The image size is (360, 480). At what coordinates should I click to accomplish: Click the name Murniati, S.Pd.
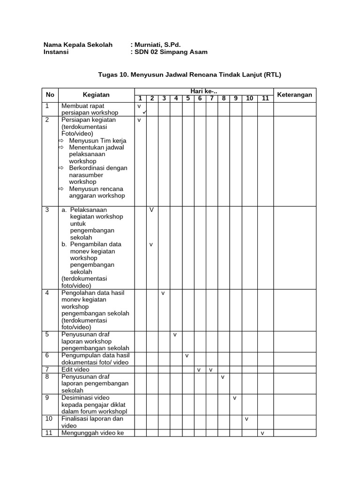[x=157, y=45]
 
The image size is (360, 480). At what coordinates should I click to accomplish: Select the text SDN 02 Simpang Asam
[x=171, y=52]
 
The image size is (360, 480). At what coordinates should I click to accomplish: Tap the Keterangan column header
[x=294, y=95]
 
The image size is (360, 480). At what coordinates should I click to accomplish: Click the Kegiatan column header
[x=96, y=95]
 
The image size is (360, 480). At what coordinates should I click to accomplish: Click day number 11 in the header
[x=265, y=98]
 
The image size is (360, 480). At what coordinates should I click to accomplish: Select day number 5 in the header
[x=187, y=98]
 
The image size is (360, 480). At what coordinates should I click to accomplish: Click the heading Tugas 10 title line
[x=189, y=75]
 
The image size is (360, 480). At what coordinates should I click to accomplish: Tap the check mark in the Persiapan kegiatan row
[x=139, y=120]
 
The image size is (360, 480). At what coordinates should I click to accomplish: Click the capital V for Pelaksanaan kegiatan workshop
[x=151, y=210]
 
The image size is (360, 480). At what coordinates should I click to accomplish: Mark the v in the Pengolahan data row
[x=163, y=293]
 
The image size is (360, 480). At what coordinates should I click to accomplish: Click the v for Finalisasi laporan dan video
[x=247, y=419]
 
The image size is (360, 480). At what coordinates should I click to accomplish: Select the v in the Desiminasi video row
[x=234, y=398]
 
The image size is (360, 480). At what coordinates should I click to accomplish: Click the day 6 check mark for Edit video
[x=199, y=370]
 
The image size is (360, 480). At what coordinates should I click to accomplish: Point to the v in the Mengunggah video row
[x=262, y=433]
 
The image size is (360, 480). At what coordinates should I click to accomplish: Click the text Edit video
[x=75, y=370]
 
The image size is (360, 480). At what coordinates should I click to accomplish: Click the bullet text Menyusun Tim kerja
[x=97, y=141]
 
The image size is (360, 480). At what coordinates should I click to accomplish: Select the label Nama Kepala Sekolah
[x=78, y=45]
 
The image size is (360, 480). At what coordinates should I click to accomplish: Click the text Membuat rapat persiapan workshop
[x=89, y=109]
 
